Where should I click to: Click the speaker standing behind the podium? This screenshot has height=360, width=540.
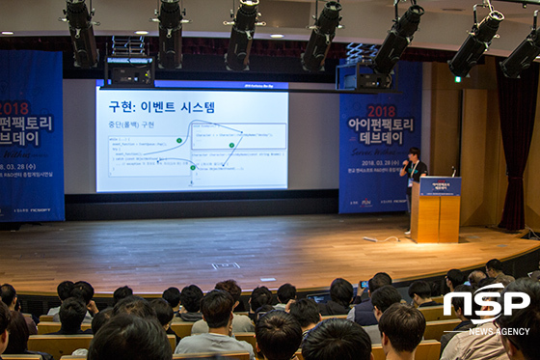414,168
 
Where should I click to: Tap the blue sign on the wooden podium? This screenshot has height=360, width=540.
440,186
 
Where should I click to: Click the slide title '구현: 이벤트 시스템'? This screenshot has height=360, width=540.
161,106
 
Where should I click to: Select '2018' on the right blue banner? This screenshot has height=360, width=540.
381,111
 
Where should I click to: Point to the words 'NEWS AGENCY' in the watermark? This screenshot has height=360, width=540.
499,331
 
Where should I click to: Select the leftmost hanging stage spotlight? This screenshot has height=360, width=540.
81,34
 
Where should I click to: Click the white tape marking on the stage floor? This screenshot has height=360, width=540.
225,265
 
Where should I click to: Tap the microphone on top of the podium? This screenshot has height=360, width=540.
453,171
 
